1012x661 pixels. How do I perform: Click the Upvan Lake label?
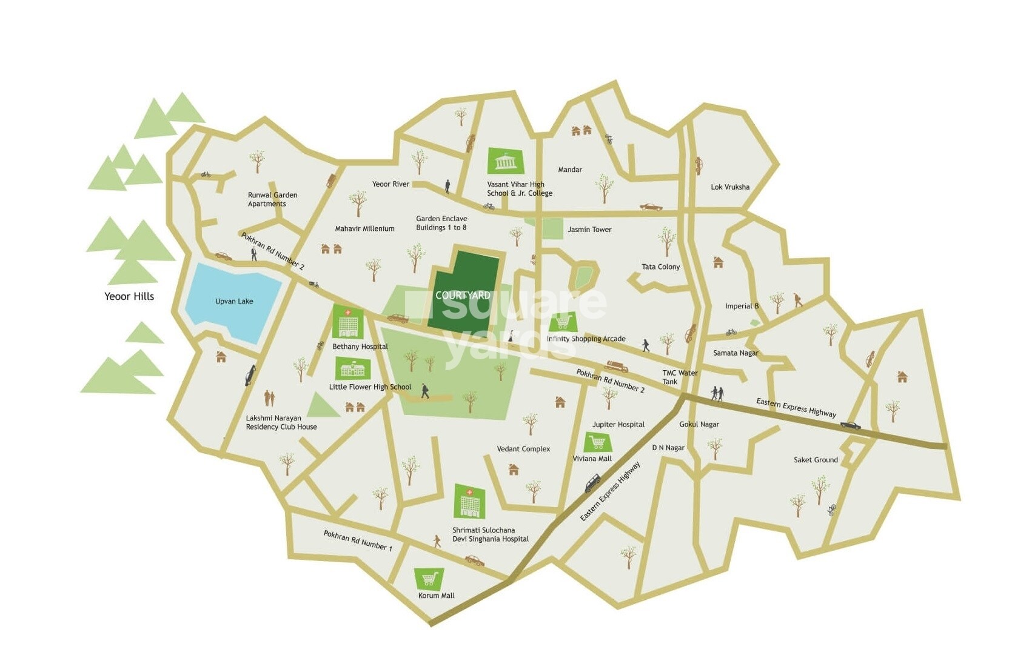pyautogui.click(x=234, y=301)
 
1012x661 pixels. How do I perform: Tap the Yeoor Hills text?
pyautogui.click(x=129, y=296)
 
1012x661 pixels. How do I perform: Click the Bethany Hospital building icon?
pyautogui.click(x=347, y=322)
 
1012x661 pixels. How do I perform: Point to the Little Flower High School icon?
pyautogui.click(x=352, y=368)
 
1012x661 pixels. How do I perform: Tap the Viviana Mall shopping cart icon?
pyautogui.click(x=597, y=442)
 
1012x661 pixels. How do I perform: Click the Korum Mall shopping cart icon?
pyautogui.click(x=429, y=579)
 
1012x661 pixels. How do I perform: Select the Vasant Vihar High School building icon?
pyautogui.click(x=505, y=161)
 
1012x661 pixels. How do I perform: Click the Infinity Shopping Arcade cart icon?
pyautogui.click(x=563, y=321)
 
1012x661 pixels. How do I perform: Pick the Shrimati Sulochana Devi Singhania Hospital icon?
pyautogui.click(x=469, y=502)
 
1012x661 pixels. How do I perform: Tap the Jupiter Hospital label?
pyautogui.click(x=618, y=425)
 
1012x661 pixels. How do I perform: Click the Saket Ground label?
pyautogui.click(x=816, y=460)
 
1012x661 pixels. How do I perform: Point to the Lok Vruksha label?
pyautogui.click(x=730, y=187)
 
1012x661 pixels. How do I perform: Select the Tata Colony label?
pyautogui.click(x=660, y=267)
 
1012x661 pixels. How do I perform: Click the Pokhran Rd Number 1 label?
pyautogui.click(x=358, y=540)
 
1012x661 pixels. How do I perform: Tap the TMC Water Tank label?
pyautogui.click(x=679, y=377)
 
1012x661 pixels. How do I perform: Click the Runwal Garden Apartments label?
pyautogui.click(x=272, y=199)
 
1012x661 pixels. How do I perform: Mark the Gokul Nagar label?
pyautogui.click(x=699, y=424)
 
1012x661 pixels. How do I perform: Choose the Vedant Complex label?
pyautogui.click(x=523, y=449)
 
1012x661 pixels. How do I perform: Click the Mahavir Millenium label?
pyautogui.click(x=364, y=229)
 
